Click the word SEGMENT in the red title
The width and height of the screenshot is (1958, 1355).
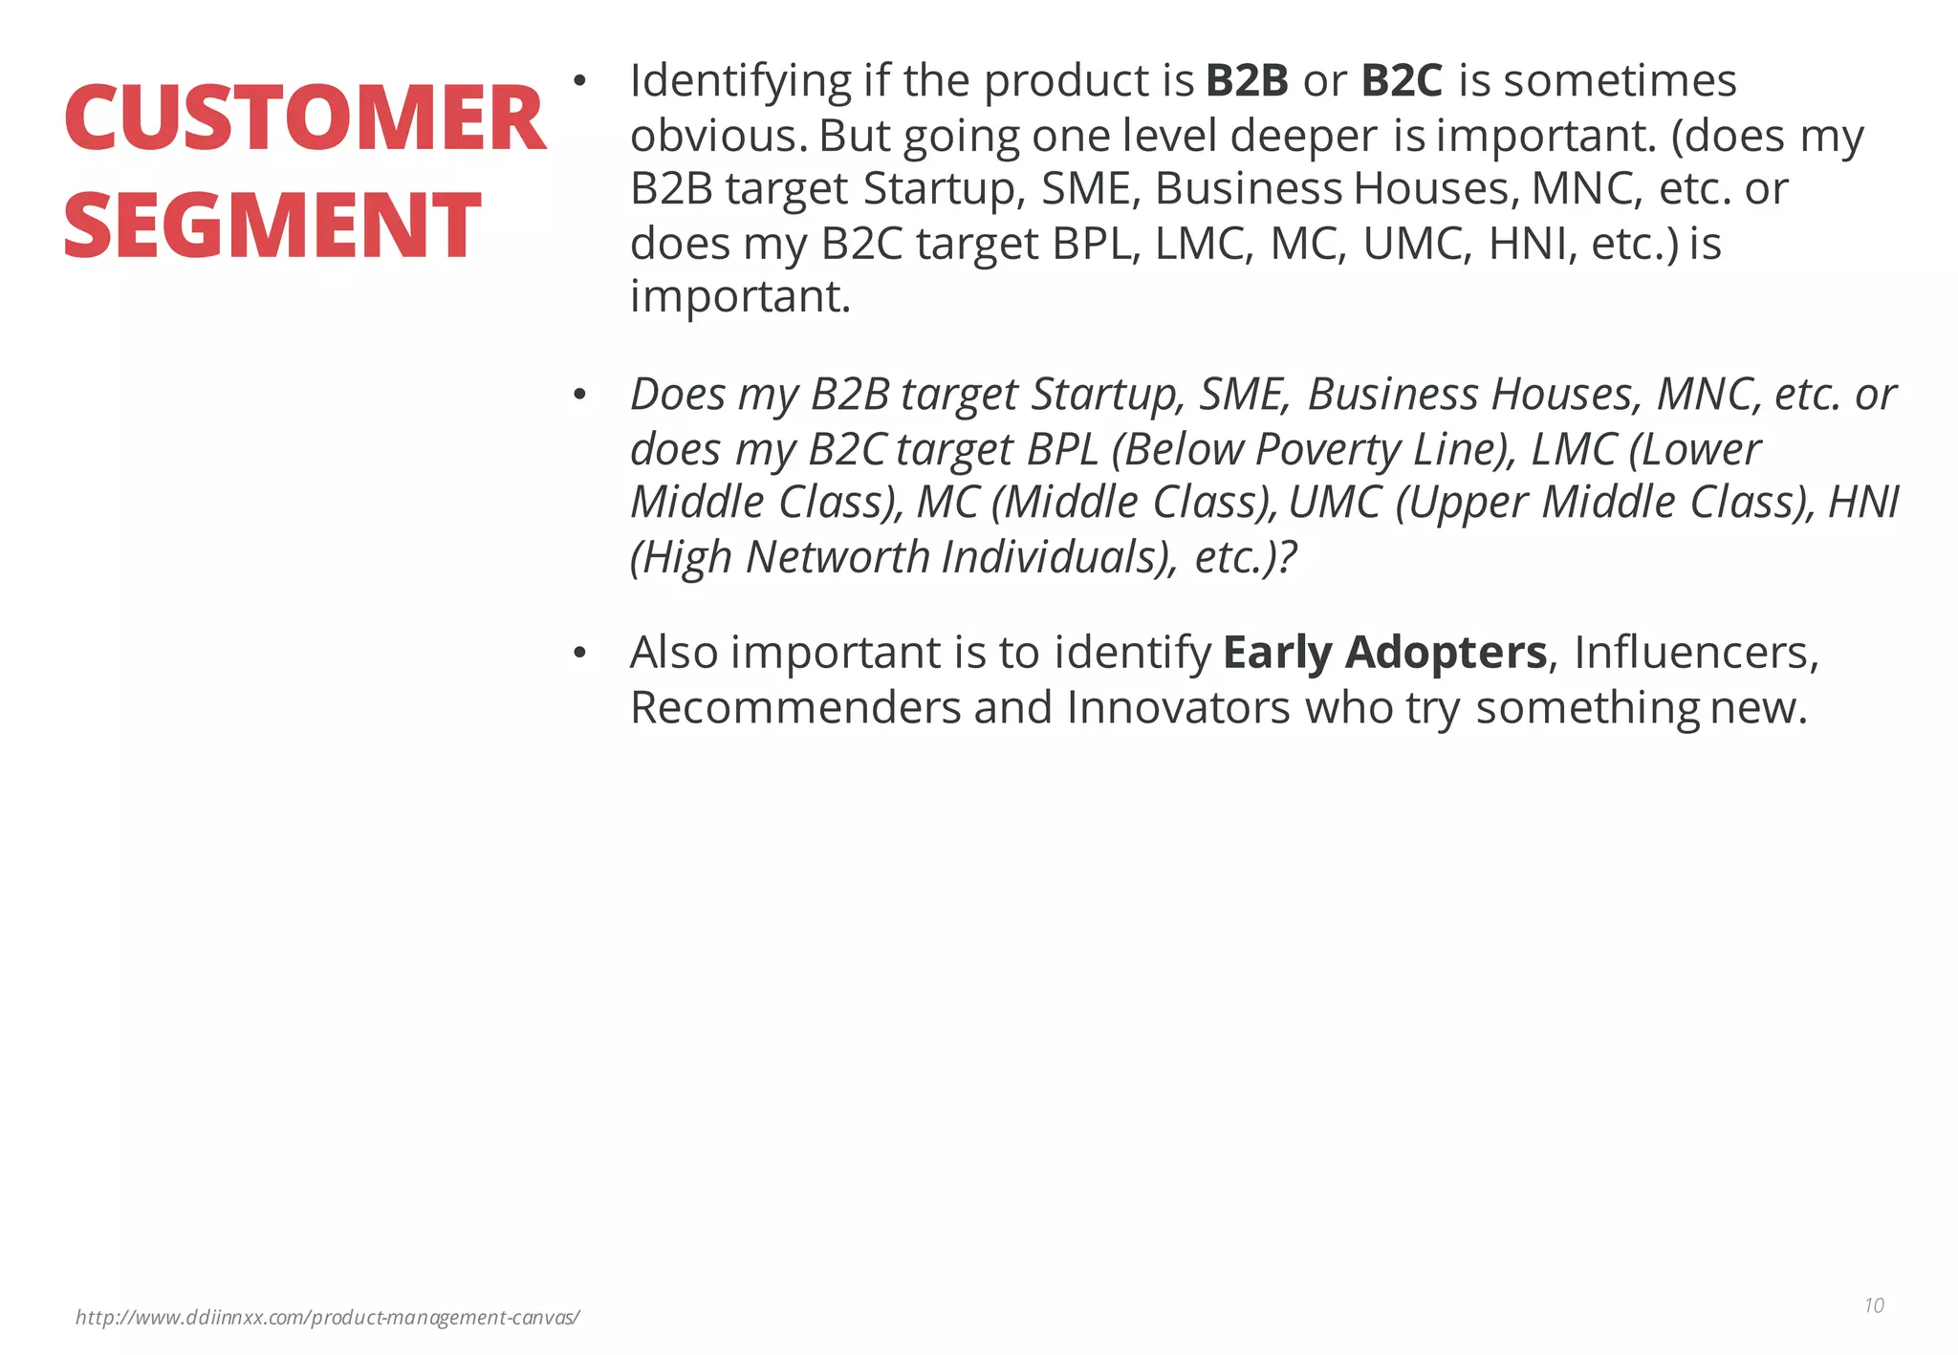tap(272, 226)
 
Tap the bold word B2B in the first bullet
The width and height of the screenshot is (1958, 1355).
tap(1247, 80)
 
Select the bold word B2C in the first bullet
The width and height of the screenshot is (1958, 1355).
tap(1401, 80)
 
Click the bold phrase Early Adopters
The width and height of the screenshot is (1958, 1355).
tap(1384, 653)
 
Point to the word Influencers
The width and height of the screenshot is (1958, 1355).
tap(1694, 653)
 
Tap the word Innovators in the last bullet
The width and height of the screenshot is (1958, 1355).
tap(1178, 708)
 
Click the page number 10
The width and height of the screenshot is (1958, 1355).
tap(1874, 1305)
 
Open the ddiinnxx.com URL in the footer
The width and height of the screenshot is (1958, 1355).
tap(327, 1318)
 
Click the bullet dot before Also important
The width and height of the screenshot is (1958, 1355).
tap(578, 654)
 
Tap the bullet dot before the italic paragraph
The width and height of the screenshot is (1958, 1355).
tap(578, 395)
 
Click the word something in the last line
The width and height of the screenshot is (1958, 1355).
tap(1587, 709)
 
